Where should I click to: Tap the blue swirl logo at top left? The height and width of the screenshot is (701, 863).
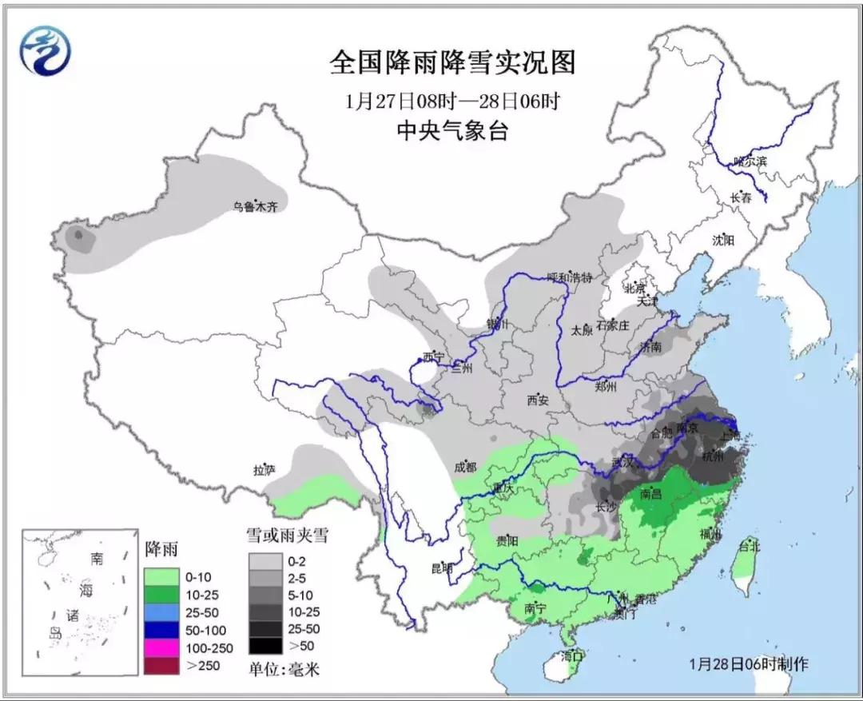46,50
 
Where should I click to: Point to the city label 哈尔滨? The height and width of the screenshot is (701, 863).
750,161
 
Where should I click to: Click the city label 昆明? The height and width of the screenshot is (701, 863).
441,569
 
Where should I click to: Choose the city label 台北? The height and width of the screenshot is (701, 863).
749,548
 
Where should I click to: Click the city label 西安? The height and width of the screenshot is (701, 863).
538,400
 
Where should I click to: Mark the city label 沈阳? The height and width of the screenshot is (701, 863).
722,240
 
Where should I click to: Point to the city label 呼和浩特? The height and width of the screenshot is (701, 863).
569,278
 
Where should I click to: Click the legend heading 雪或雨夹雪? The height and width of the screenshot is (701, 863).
286,535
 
